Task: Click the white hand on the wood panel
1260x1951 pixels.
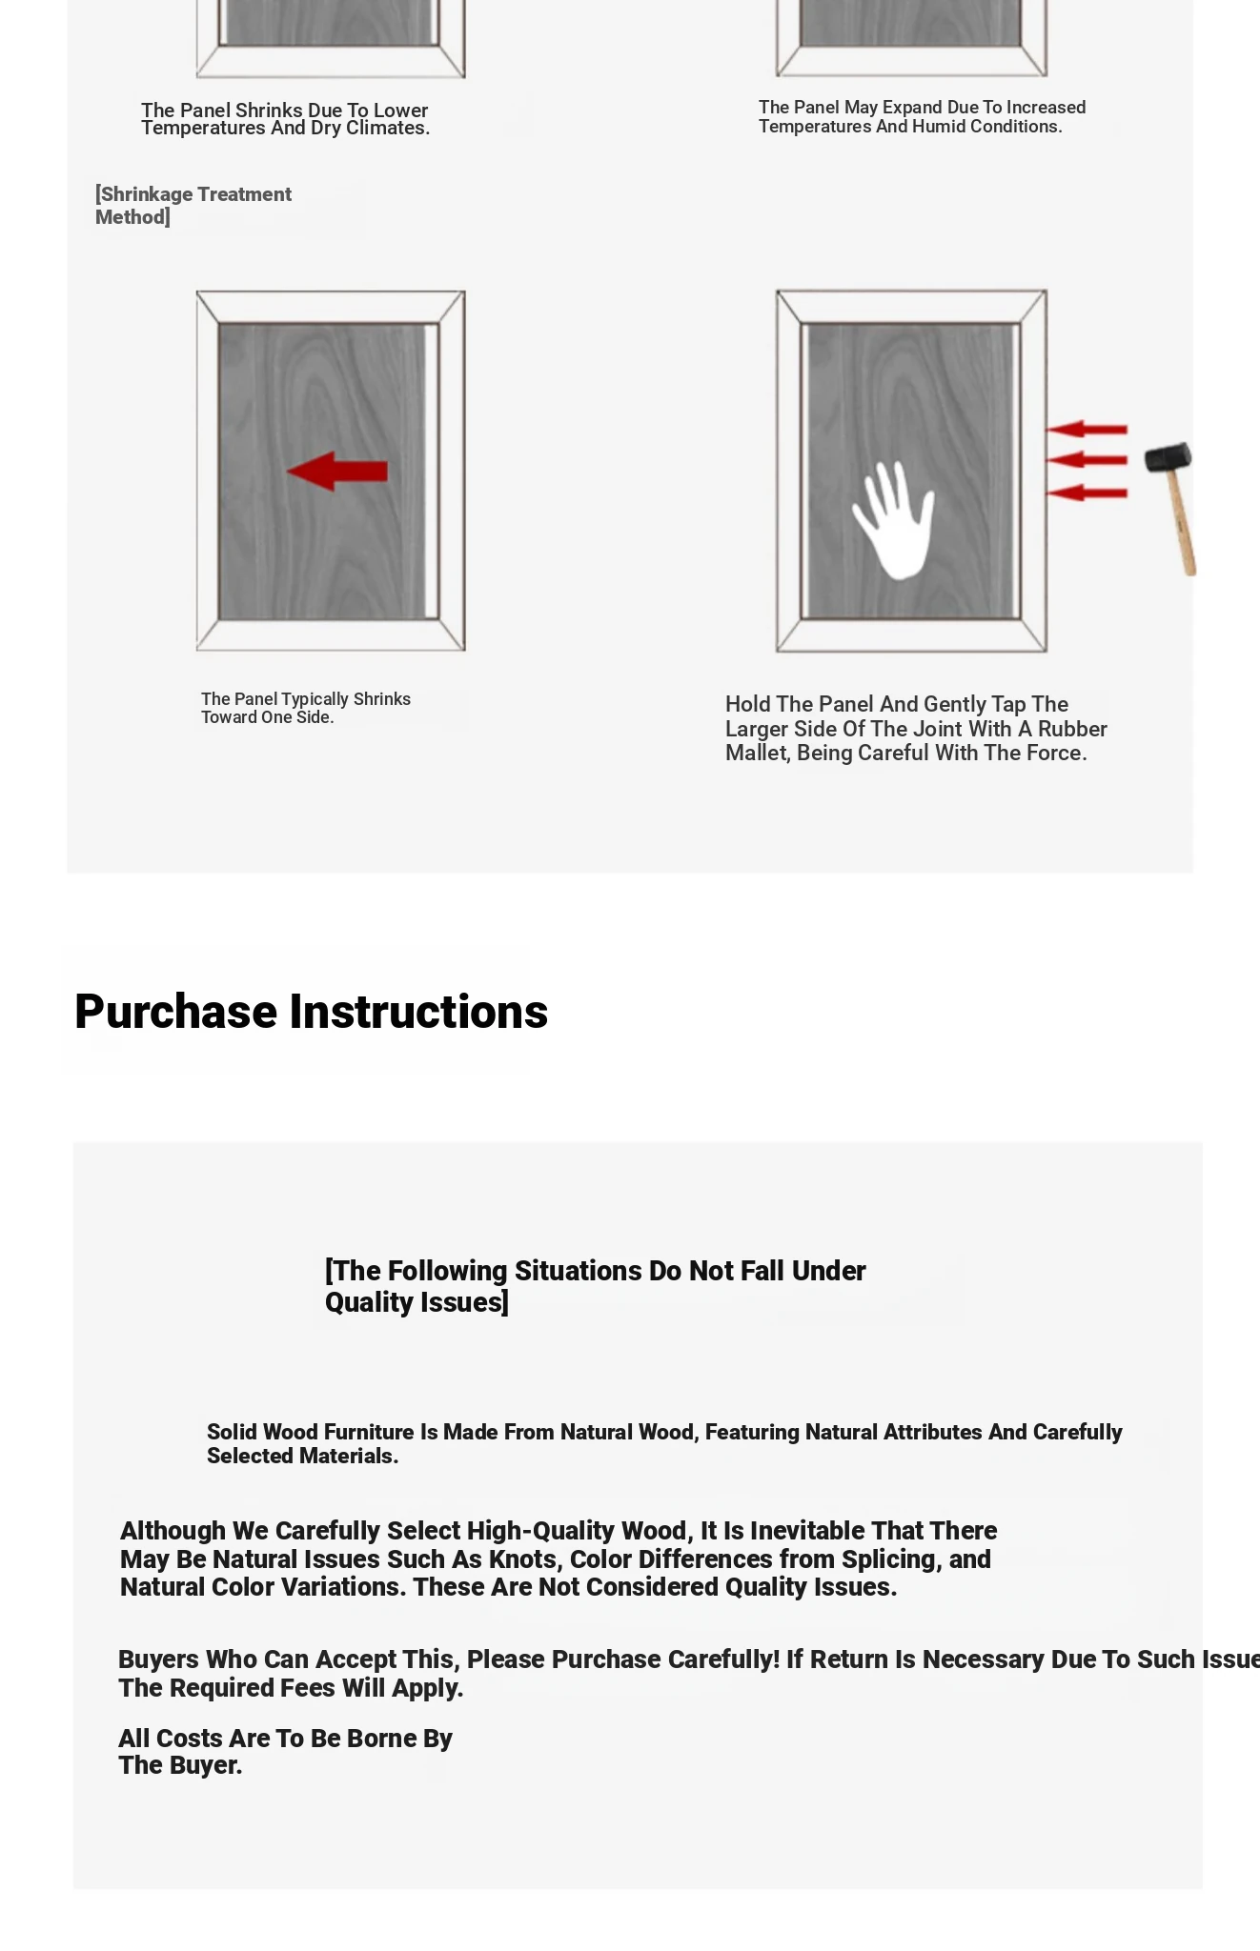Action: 893,522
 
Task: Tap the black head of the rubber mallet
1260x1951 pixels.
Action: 1168,457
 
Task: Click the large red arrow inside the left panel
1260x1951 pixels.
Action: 337,472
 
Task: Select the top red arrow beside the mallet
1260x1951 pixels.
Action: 1087,430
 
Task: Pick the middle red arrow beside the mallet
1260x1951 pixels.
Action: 1087,461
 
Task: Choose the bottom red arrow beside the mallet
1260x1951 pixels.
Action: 1087,493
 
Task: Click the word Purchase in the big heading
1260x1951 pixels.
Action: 175,1012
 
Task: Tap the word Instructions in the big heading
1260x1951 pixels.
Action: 418,1012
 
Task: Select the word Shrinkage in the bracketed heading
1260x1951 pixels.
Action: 146,194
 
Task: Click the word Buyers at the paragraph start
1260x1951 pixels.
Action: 158,1659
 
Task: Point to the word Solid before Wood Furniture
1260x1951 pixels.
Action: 232,1432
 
